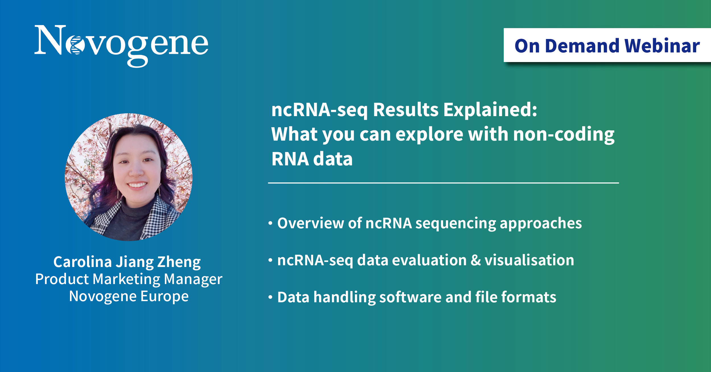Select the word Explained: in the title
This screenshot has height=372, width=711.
tap(490, 110)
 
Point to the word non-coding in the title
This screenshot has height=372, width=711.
tap(564, 135)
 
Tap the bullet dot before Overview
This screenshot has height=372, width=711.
tap(270, 223)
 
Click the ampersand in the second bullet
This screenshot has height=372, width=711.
tap(476, 260)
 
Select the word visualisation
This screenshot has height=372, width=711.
tap(529, 260)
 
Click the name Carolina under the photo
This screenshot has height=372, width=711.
tap(82, 262)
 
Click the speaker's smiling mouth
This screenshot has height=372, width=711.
tap(137, 185)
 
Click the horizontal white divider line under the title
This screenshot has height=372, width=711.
tap(443, 183)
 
